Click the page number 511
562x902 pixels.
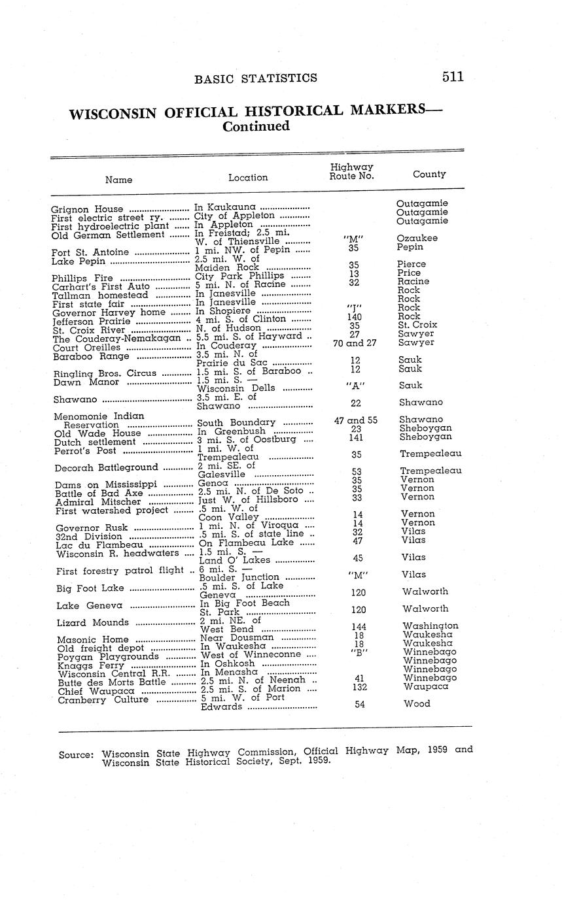[x=452, y=77]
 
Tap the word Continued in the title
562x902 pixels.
[x=256, y=127]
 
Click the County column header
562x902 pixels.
[x=429, y=175]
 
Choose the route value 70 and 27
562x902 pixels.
[x=355, y=342]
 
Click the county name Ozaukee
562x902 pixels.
[x=417, y=239]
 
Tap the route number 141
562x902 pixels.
[x=356, y=439]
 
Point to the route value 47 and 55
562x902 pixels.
[x=355, y=420]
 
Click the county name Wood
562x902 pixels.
[x=416, y=704]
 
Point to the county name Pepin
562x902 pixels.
[x=410, y=248]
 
